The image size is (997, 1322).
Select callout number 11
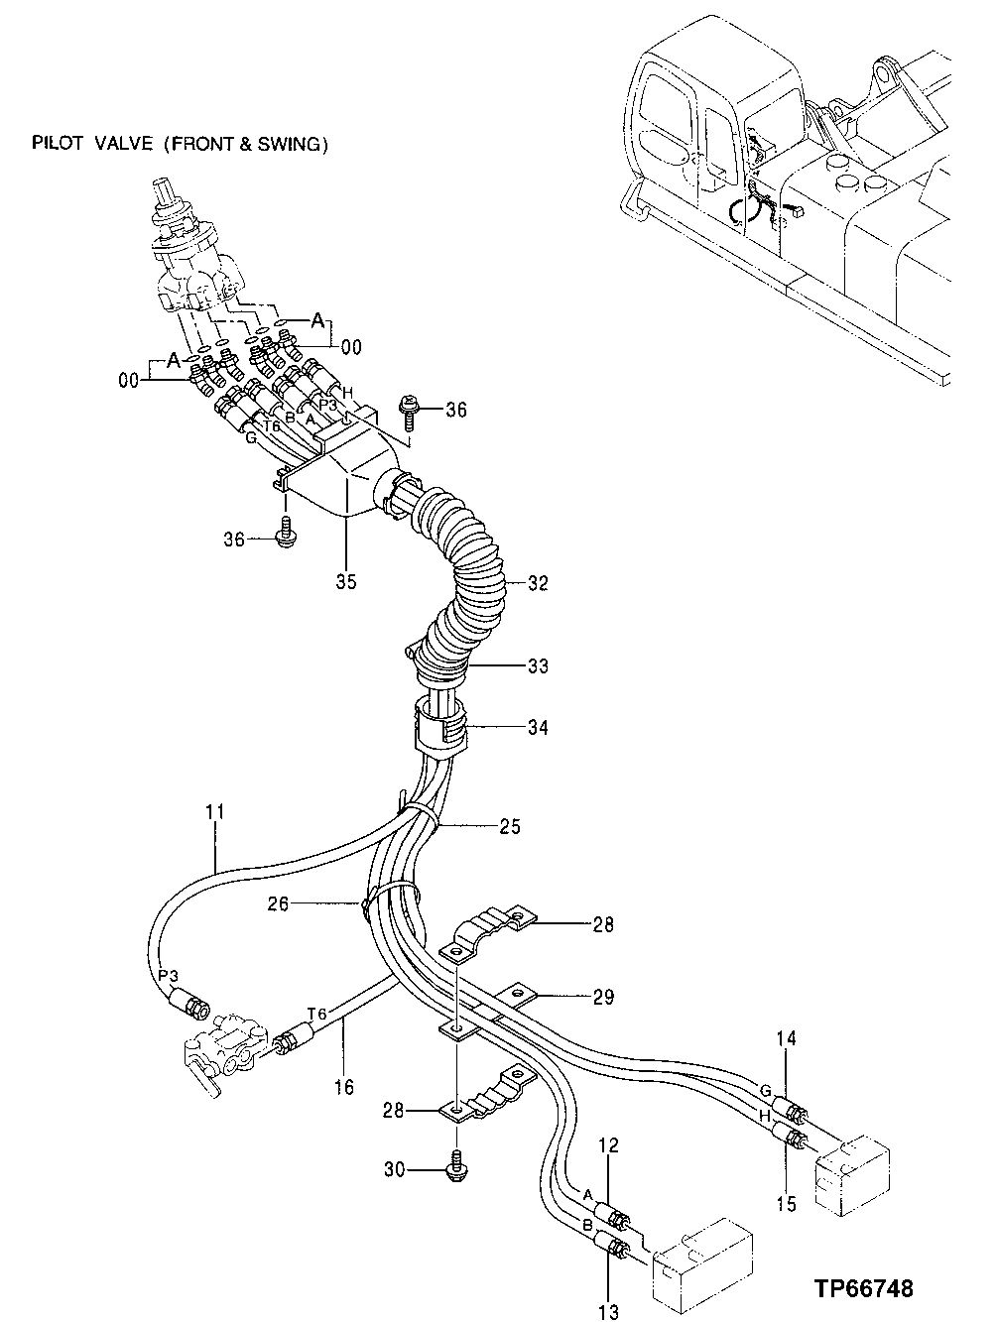pyautogui.click(x=216, y=812)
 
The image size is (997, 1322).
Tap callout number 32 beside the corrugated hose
pyautogui.click(x=538, y=583)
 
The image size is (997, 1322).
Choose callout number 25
pyautogui.click(x=510, y=825)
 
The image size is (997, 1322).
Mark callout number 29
pyautogui.click(x=603, y=996)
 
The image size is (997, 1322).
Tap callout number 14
pyautogui.click(x=787, y=1038)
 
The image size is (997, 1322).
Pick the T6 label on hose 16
pyautogui.click(x=316, y=1013)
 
